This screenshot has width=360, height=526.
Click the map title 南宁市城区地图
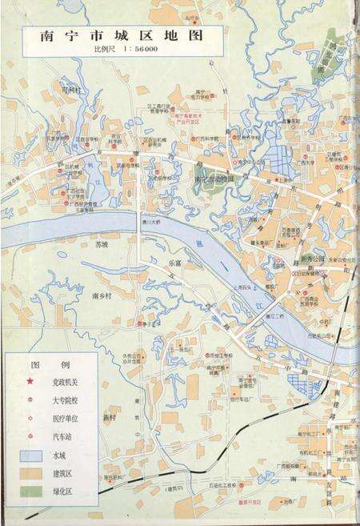(x=112, y=35)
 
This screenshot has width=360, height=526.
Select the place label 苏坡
(x=100, y=243)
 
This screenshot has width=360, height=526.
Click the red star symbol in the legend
(x=30, y=382)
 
